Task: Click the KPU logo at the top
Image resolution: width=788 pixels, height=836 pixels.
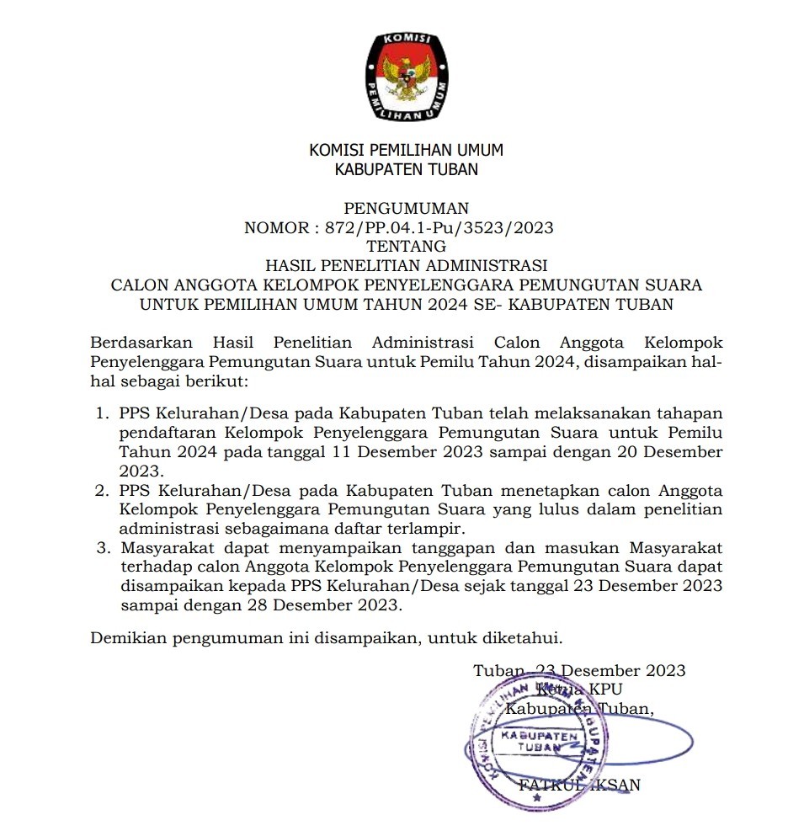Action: pyautogui.click(x=407, y=76)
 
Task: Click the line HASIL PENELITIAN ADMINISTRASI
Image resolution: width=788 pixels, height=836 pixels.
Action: pyautogui.click(x=407, y=266)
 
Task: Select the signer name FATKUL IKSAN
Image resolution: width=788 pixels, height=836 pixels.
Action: pyautogui.click(x=580, y=785)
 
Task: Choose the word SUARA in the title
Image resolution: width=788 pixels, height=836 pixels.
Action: pyautogui.click(x=670, y=285)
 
